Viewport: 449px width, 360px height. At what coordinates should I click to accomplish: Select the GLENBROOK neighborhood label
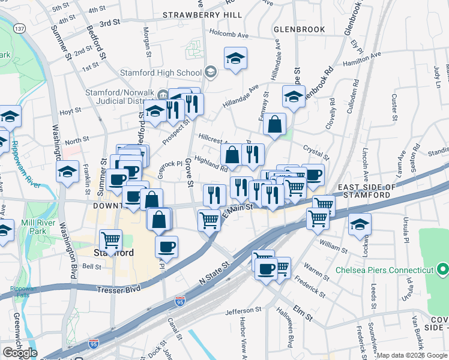coord(299,29)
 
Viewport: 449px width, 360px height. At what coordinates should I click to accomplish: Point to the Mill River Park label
coord(34,226)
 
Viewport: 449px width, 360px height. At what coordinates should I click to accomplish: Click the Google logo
coord(20,352)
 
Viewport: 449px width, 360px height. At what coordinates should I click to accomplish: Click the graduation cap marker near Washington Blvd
coord(68,172)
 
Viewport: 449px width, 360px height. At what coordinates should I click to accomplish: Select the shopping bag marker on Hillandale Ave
coord(274,124)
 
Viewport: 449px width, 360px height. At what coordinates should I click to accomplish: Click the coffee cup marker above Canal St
coord(166,246)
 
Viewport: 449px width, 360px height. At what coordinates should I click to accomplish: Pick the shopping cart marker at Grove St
coord(209,220)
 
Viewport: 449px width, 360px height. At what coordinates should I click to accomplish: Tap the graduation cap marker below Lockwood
coord(360,224)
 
